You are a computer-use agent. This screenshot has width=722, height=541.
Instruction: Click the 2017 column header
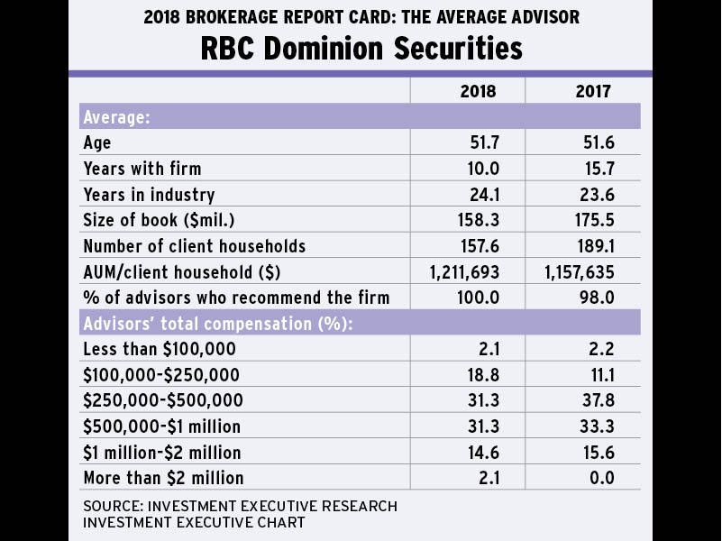coord(594,91)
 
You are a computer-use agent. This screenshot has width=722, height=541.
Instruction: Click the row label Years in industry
coord(149,195)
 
